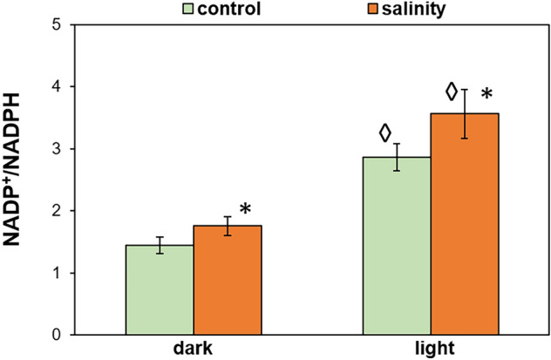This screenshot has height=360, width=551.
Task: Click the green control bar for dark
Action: (x=160, y=289)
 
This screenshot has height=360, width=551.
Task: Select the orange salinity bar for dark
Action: (x=227, y=280)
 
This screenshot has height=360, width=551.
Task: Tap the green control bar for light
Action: (x=397, y=246)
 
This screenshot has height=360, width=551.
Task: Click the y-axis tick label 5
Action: (x=56, y=25)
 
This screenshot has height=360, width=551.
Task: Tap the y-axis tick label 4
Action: (x=56, y=87)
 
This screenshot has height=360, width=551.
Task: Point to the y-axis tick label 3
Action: (x=56, y=149)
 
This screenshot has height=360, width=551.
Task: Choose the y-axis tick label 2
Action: (x=56, y=211)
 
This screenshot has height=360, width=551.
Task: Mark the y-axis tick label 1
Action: (x=56, y=273)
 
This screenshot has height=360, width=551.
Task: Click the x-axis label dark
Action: (x=194, y=348)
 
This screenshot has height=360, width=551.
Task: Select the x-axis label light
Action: (x=432, y=348)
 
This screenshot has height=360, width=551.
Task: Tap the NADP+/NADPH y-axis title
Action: (x=17, y=179)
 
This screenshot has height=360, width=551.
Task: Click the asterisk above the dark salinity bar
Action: (x=246, y=210)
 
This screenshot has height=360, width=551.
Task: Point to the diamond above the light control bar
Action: (x=384, y=133)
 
